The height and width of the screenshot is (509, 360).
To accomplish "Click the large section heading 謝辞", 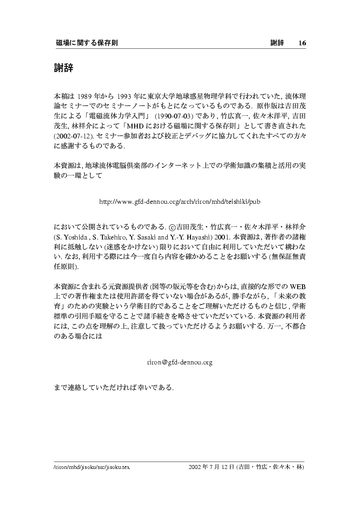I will [63, 68].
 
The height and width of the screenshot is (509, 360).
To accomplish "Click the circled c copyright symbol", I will [172, 227].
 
